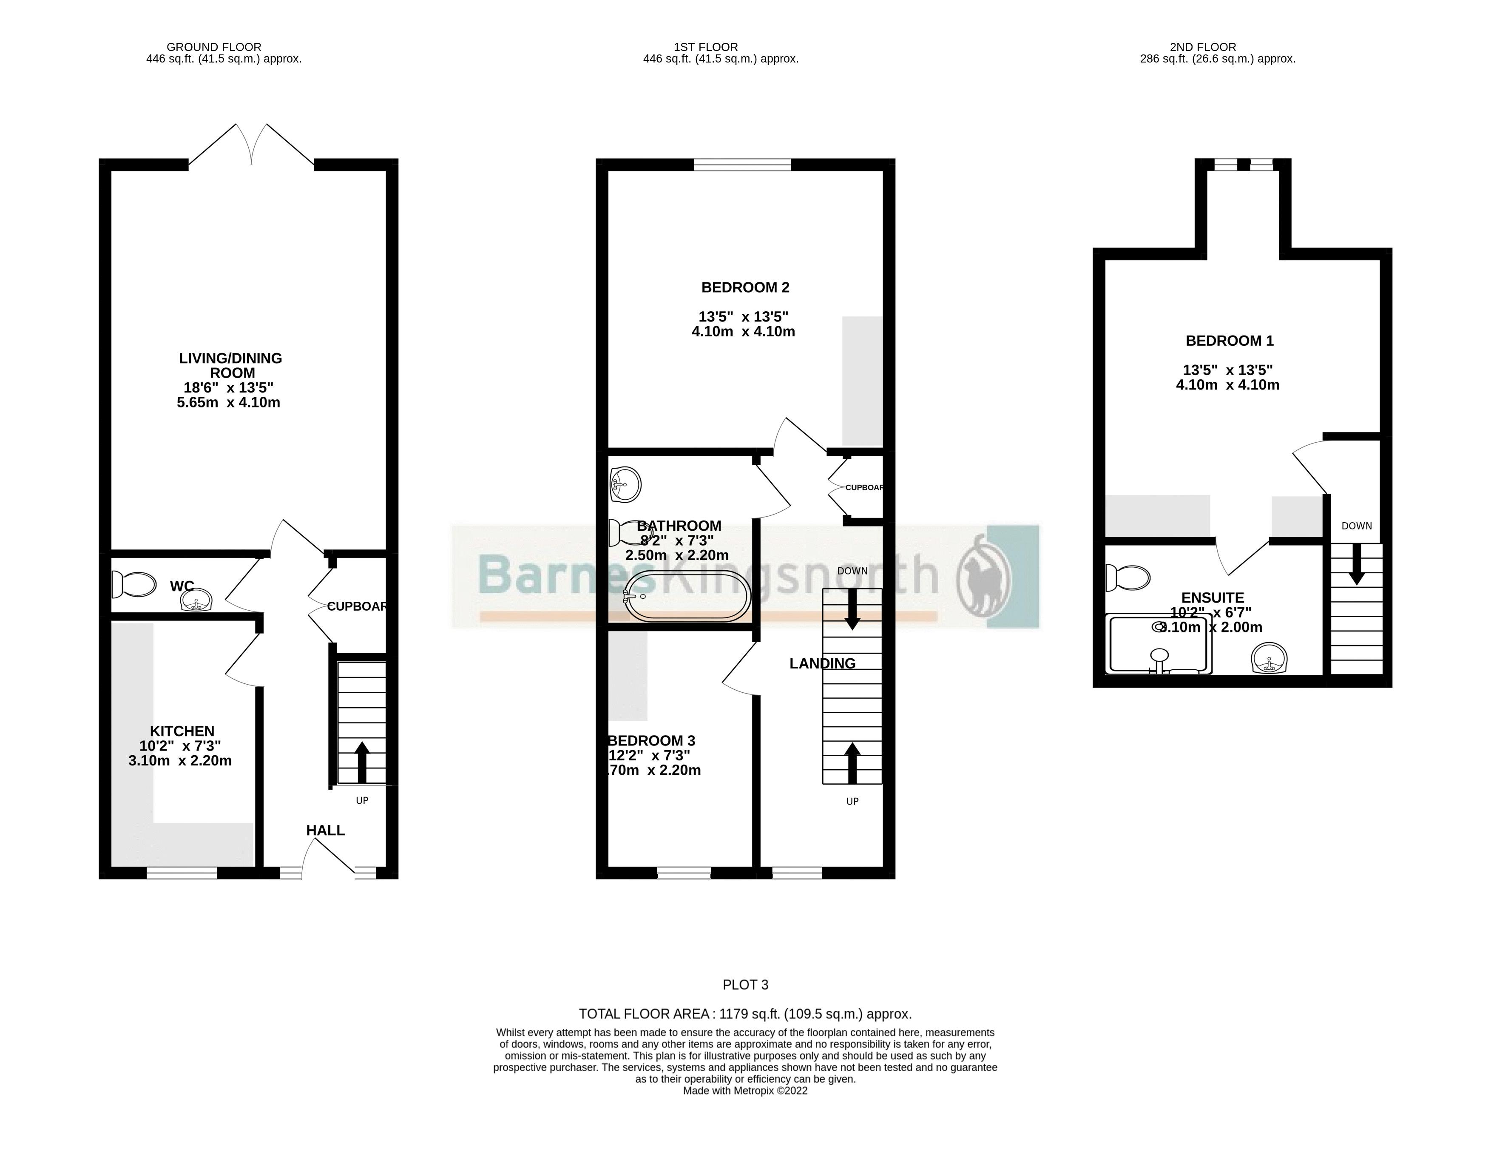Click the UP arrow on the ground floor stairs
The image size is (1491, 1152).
coord(362,761)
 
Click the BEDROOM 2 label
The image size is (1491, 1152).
coord(745,287)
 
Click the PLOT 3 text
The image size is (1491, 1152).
coord(745,985)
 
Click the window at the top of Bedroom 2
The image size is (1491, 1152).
coord(742,164)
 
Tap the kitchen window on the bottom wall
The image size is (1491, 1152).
coord(182,872)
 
